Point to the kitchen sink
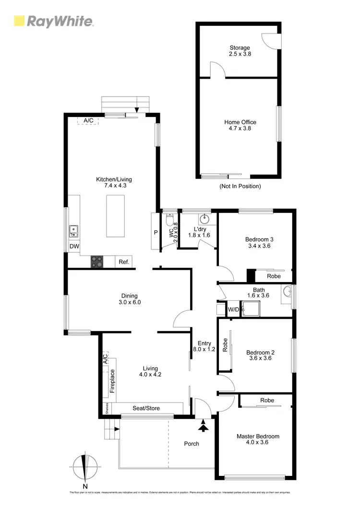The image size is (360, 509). [x=74, y=231]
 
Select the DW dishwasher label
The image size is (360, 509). [x=74, y=247]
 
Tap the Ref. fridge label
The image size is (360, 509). [x=124, y=262]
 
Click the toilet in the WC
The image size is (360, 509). [x=169, y=220]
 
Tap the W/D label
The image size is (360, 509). [x=233, y=309]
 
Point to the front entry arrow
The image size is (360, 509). [x=204, y=426]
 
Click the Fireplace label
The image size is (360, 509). [x=112, y=381]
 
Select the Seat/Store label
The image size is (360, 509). [x=146, y=408]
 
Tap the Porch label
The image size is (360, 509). [x=192, y=443]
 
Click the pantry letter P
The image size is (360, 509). [x=156, y=232]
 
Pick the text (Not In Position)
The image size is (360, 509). [x=240, y=186]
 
